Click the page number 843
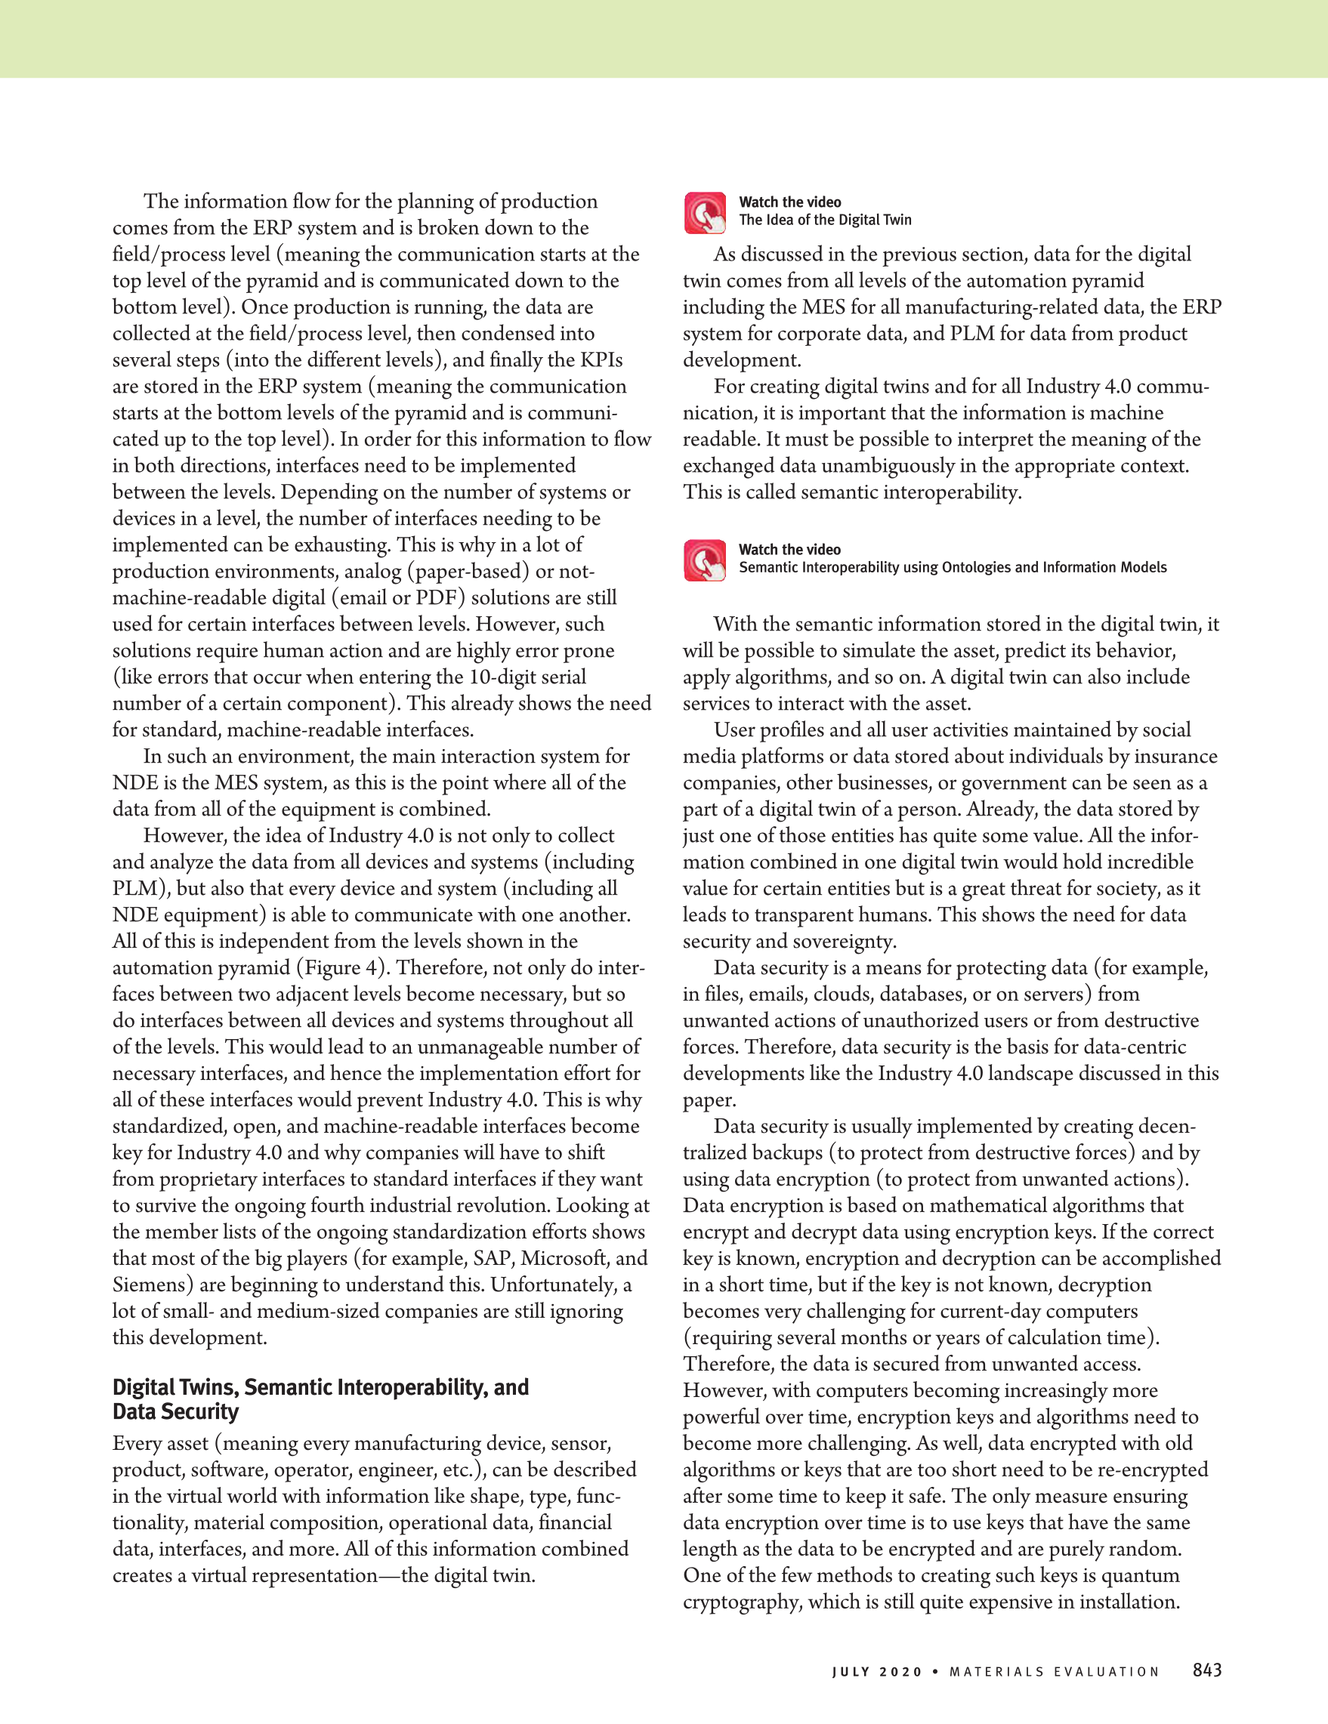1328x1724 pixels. click(1206, 1670)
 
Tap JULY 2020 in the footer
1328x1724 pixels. click(876, 1672)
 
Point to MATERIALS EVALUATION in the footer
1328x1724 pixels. click(1054, 1672)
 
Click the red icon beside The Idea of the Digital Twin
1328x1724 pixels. click(704, 213)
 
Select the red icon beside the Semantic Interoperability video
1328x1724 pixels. click(704, 560)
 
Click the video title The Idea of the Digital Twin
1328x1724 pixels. click(825, 221)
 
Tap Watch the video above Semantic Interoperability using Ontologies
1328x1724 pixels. click(789, 550)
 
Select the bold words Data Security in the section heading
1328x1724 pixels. click(175, 1412)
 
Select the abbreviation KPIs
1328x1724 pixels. click(601, 360)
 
